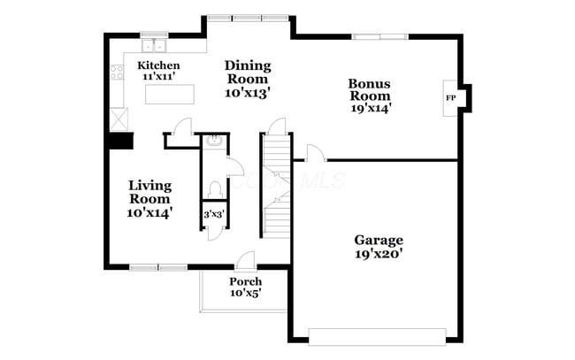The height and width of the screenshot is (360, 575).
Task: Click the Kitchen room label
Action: pyautogui.click(x=159, y=66)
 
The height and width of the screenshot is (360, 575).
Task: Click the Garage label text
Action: pyautogui.click(x=379, y=240)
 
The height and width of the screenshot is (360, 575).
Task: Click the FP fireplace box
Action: pyautogui.click(x=451, y=97)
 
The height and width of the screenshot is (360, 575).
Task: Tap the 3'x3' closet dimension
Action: pyautogui.click(x=212, y=214)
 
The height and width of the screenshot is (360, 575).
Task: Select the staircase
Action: pyautogui.click(x=277, y=186)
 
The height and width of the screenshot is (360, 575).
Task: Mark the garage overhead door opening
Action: pyautogui.click(x=376, y=336)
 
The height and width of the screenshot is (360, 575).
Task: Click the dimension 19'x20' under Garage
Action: pyautogui.click(x=379, y=255)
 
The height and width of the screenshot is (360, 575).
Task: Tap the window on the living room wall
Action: pyautogui.click(x=158, y=266)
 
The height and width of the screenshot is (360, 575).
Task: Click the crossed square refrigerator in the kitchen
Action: pyautogui.click(x=118, y=116)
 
